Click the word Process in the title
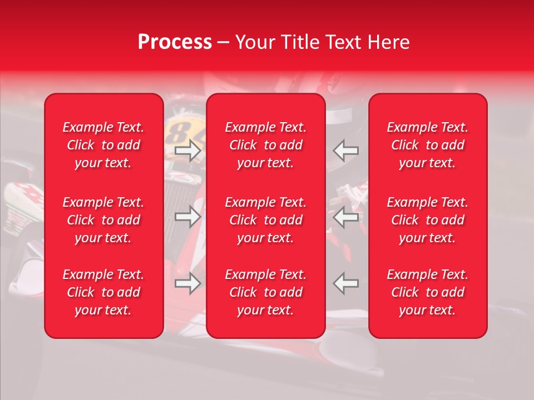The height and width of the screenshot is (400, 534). click(x=175, y=42)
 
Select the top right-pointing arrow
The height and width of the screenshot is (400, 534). click(x=188, y=151)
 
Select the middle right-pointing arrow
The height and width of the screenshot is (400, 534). click(x=188, y=217)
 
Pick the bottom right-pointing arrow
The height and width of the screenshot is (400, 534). click(x=188, y=283)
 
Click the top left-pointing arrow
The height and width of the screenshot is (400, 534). click(x=345, y=151)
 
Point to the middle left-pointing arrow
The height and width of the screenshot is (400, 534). click(x=345, y=217)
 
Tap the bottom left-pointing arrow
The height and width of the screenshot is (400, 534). click(x=345, y=283)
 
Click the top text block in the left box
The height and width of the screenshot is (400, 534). click(x=103, y=145)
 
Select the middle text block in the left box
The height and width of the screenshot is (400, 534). click(x=103, y=220)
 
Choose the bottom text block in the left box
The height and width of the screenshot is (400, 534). click(x=103, y=292)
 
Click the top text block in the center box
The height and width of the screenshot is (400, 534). click(x=266, y=145)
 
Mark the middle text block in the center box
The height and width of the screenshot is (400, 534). click(x=266, y=220)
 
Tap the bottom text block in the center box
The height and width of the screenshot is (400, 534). click(x=266, y=292)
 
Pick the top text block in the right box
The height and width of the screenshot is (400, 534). click(x=428, y=145)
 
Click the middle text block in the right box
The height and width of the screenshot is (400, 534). click(x=428, y=220)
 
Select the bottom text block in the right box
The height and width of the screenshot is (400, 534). click(x=428, y=292)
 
